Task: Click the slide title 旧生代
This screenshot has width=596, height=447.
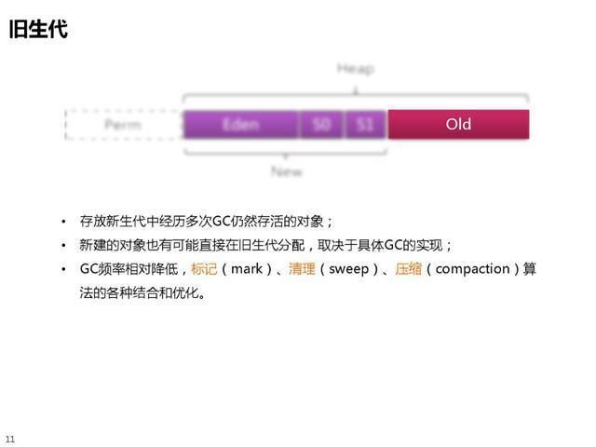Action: (x=38, y=29)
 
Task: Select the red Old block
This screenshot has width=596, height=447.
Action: (x=458, y=124)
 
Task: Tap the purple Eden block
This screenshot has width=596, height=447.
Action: (x=240, y=124)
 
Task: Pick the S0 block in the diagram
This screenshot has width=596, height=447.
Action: (x=321, y=124)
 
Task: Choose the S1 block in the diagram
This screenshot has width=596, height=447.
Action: (x=365, y=124)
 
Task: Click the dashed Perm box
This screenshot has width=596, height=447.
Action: (x=122, y=124)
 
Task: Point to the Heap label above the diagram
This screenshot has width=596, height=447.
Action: (x=355, y=70)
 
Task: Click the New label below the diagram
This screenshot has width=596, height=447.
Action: (x=286, y=172)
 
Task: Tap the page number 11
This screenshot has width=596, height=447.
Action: (x=10, y=438)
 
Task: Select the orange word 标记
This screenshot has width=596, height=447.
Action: (x=204, y=269)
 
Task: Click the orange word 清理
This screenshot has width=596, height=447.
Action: (x=302, y=269)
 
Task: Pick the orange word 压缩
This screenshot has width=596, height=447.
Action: (x=408, y=269)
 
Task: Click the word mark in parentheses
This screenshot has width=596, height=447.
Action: (x=247, y=269)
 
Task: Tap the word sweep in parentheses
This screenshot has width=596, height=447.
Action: (x=349, y=269)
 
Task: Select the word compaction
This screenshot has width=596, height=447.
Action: (x=473, y=269)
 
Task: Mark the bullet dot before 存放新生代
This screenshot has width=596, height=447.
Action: (x=63, y=222)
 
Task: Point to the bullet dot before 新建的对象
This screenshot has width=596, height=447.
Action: (x=63, y=246)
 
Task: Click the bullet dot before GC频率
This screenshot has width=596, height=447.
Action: (x=63, y=270)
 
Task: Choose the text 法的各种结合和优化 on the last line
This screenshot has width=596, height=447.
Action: (x=140, y=293)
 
